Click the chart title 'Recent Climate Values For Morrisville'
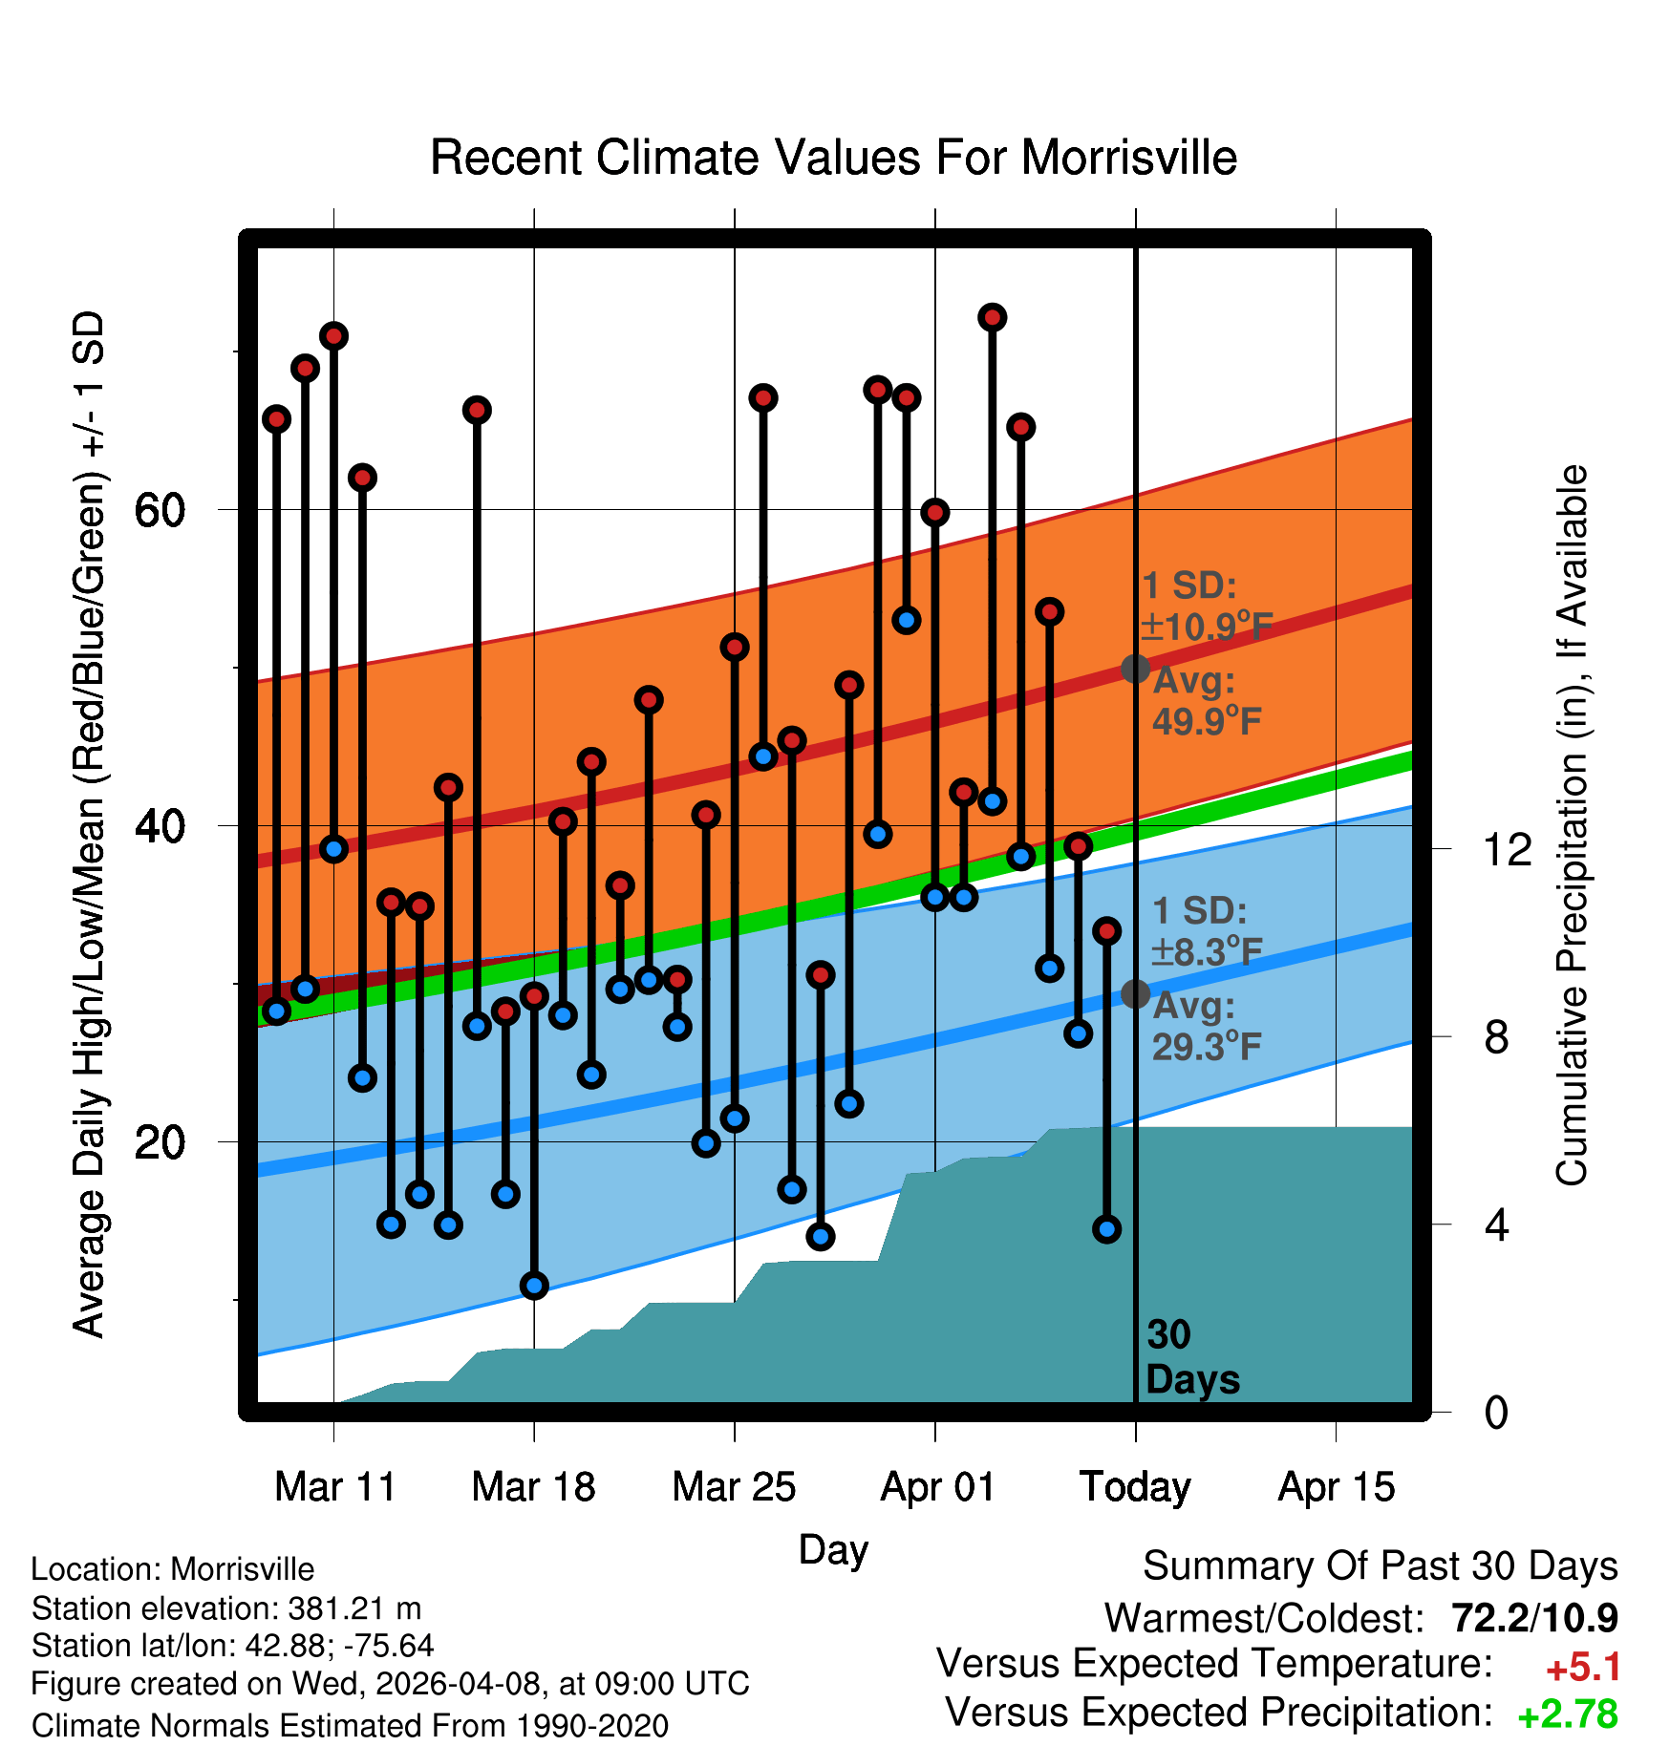pyautogui.click(x=833, y=158)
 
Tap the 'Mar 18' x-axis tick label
pyautogui.click(x=533, y=1487)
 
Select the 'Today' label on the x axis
pyautogui.click(x=1135, y=1487)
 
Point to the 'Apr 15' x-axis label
pyautogui.click(x=1336, y=1488)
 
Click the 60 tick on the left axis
pyautogui.click(x=160, y=510)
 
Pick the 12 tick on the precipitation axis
pyautogui.click(x=1507, y=849)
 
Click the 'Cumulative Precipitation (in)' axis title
pyautogui.click(x=1572, y=825)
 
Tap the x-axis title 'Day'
pyautogui.click(x=833, y=1550)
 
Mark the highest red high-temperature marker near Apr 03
pyautogui.click(x=993, y=317)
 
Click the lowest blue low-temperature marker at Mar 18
pyautogui.click(x=534, y=1285)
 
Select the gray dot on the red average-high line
pyautogui.click(x=1135, y=669)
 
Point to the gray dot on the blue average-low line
pyautogui.click(x=1135, y=993)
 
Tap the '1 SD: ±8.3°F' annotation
pyautogui.click(x=1207, y=931)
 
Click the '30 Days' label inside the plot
pyautogui.click(x=1192, y=1357)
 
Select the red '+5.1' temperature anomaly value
pyautogui.click(x=1583, y=1668)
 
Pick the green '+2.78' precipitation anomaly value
pyautogui.click(x=1568, y=1714)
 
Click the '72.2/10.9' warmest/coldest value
pyautogui.click(x=1534, y=1618)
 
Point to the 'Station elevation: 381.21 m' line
pyautogui.click(x=226, y=1608)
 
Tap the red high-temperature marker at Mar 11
pyautogui.click(x=333, y=336)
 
